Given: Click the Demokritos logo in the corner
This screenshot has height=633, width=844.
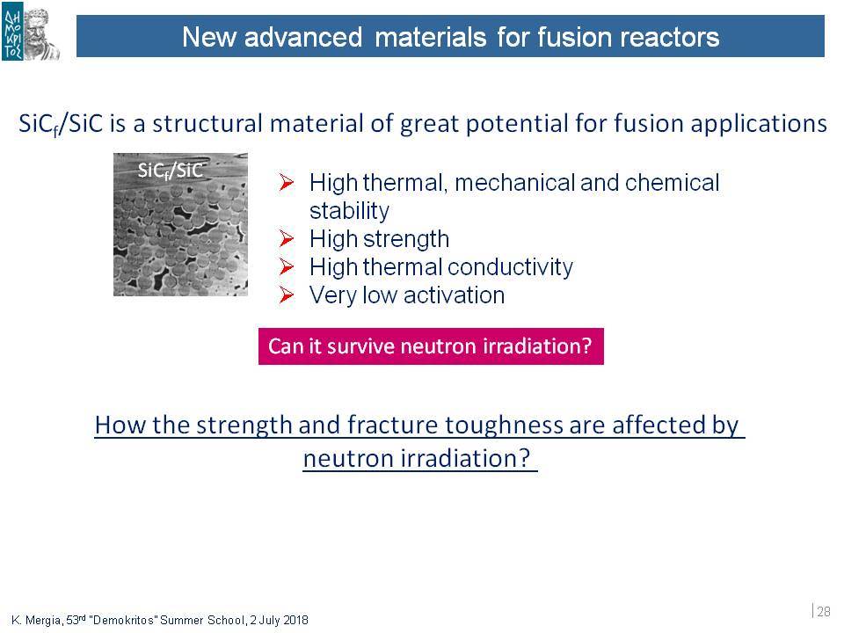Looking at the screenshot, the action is [x=30, y=33].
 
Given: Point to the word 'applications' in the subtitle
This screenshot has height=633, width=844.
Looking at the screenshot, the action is [x=759, y=124].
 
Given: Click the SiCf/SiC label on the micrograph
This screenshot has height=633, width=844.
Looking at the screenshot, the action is [x=170, y=171].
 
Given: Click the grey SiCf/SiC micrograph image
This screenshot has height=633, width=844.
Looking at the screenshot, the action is [x=181, y=224].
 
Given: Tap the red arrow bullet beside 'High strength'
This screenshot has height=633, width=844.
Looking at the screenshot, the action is [x=287, y=238].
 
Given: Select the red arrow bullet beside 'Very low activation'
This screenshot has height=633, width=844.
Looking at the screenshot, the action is [x=287, y=295].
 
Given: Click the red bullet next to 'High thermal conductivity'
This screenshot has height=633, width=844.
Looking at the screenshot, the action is [x=287, y=266].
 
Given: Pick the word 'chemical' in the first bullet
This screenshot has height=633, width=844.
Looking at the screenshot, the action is [x=672, y=183].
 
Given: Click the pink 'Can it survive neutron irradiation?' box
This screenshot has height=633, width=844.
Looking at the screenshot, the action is [x=431, y=346].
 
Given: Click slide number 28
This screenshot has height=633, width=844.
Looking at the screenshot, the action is [x=824, y=612].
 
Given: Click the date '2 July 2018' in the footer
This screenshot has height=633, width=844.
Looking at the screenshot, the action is [x=280, y=620].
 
